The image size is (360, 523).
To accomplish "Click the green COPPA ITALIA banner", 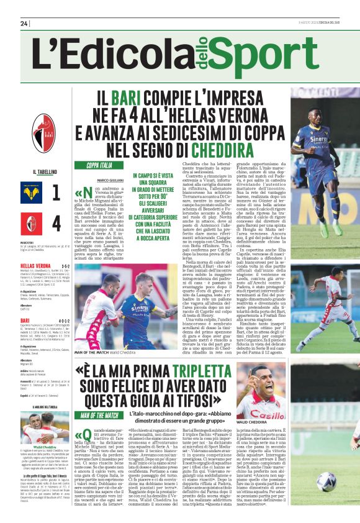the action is point(99,165).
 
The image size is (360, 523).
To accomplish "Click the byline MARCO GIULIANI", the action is point(111,181).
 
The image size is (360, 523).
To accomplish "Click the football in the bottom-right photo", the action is point(325,482).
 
